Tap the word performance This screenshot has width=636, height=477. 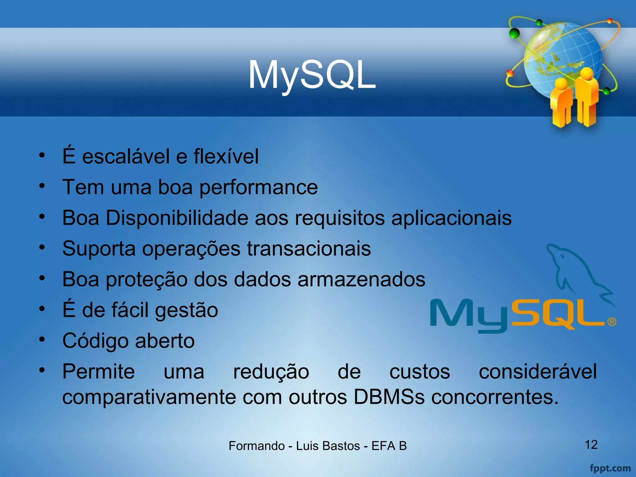pos(258,187)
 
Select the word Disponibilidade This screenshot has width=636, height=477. pos(177,218)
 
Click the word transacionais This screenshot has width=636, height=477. pos(309,248)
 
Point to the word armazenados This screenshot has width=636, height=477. pos(361,279)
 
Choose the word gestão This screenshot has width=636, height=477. pos(186,310)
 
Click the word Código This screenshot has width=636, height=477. pos(95,341)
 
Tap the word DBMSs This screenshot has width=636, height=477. pos(389,397)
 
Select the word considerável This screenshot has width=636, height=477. pos(538,371)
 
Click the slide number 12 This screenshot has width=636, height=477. pos(591,445)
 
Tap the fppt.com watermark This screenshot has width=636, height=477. pos(610,468)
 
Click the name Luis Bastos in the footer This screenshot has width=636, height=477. pos(328,446)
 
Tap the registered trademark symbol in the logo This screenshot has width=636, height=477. pos(611,322)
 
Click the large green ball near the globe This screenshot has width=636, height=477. pos(515,33)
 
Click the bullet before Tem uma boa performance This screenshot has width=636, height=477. pos(42,186)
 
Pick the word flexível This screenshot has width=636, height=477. pos(226,156)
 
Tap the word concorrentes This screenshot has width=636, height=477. pos(495,397)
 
